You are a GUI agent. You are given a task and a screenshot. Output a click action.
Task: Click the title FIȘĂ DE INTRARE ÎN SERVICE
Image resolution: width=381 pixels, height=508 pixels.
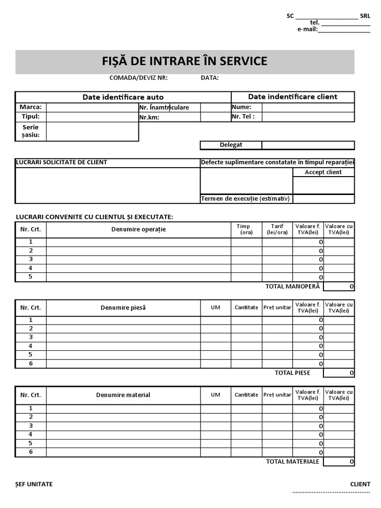click(185, 62)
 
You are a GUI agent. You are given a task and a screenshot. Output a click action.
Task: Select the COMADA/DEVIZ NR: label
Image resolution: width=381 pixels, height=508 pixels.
click(138, 78)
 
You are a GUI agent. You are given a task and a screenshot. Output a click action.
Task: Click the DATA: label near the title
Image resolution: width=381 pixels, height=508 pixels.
click(210, 78)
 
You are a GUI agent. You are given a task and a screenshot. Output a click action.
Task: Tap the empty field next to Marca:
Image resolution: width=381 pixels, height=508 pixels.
click(92, 107)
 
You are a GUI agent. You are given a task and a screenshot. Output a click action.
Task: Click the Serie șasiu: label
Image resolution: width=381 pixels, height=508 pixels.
click(31, 131)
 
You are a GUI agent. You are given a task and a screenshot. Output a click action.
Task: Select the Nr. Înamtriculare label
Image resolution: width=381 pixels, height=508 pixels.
click(164, 108)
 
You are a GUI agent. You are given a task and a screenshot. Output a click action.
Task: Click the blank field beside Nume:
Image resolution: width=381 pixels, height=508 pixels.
click(308, 107)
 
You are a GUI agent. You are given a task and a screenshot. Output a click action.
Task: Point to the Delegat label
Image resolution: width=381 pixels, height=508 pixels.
click(231, 145)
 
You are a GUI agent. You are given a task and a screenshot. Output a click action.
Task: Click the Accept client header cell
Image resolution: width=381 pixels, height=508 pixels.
click(323, 172)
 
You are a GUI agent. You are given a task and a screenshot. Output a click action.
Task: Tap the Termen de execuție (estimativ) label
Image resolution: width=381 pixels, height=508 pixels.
click(246, 199)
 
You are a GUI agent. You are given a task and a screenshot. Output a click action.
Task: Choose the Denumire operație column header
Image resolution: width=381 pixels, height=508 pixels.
click(138, 230)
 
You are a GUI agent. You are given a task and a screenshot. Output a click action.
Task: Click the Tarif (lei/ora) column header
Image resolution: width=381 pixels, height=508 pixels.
click(277, 230)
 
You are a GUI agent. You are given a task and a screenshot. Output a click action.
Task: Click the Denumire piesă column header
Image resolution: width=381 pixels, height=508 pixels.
click(123, 308)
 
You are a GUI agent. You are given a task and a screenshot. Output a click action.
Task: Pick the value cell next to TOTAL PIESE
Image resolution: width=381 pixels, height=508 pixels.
click(339, 373)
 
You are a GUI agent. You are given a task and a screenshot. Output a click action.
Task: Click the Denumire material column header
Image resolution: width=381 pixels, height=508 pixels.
click(123, 395)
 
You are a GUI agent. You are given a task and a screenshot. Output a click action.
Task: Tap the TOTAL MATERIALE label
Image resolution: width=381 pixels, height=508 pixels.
click(293, 462)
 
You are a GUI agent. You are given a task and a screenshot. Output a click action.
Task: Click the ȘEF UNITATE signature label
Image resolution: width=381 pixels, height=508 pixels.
click(34, 485)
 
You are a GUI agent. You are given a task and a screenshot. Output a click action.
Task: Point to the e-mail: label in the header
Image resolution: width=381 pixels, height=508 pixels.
click(307, 29)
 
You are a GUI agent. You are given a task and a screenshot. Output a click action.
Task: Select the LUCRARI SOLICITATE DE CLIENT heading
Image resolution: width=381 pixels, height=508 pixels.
click(62, 163)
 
